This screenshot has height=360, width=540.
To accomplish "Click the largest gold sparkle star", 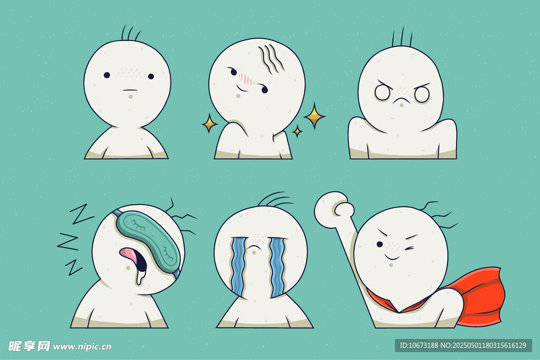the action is coord(314,116).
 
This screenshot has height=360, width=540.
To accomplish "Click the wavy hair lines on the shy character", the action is coord(272,59).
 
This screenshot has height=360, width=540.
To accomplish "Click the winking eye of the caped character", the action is coord(410,248).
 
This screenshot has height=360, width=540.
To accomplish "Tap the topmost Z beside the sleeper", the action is coord(82,213).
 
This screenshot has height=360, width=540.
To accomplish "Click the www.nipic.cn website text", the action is coord(82,346).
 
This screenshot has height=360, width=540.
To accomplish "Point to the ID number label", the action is coord(463,345).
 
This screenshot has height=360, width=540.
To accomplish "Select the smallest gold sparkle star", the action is coord(297,131).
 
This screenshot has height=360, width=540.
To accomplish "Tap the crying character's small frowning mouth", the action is coord(254,248).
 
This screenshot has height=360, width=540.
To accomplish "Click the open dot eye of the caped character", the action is coord(380,245).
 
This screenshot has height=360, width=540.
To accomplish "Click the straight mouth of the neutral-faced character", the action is coord(131,90).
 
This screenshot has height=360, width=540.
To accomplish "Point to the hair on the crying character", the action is coord(275,200).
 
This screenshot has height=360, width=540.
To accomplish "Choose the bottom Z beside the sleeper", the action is coord(74,267).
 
